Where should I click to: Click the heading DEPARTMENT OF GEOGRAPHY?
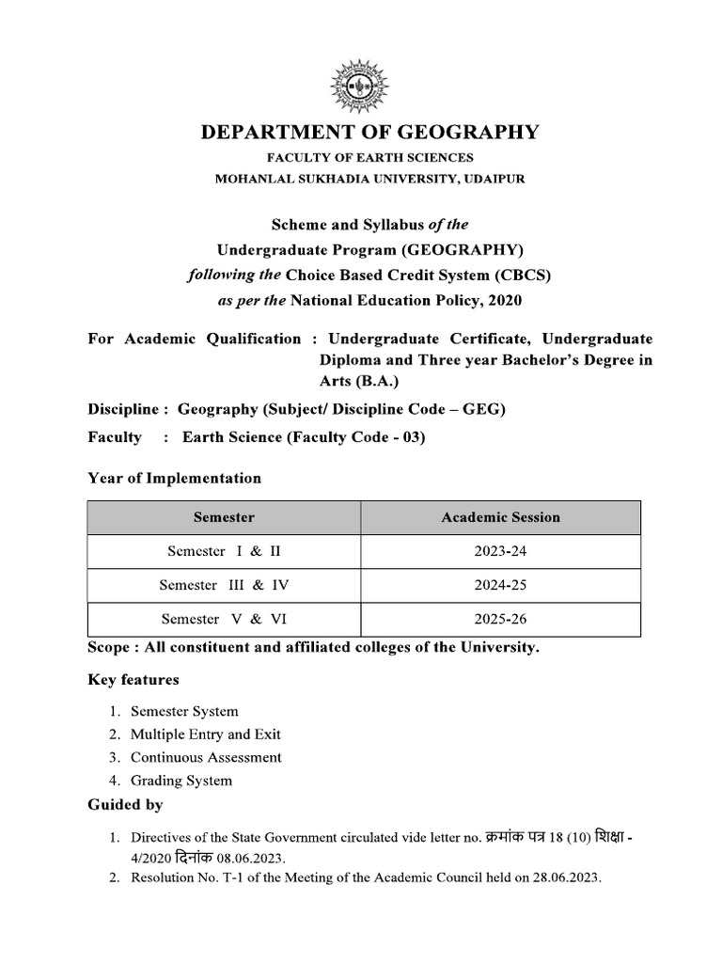[370, 133]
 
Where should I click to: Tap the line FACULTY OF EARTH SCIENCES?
[370, 158]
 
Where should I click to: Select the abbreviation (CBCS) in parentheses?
[522, 276]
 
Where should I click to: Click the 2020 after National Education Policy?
[501, 300]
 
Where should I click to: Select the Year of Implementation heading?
[174, 478]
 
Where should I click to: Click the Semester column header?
[224, 517]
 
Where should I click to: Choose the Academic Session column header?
[500, 517]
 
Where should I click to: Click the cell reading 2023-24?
[500, 551]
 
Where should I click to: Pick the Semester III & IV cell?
[224, 585]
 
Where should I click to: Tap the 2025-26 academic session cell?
[500, 619]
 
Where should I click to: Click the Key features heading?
[133, 679]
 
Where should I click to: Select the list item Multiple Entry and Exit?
[205, 734]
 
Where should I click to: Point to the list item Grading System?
[180, 781]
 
